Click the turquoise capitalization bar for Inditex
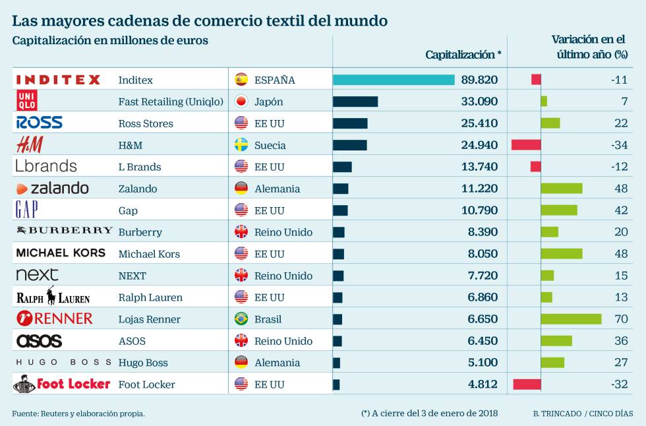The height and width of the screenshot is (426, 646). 394,80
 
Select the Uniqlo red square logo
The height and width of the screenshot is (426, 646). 26,102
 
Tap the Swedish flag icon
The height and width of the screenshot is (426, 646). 241,145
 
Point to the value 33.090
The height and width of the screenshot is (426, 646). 479,102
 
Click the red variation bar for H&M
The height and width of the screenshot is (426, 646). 526,145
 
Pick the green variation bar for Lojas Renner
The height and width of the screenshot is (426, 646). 571,319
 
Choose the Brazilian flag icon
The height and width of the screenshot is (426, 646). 241,319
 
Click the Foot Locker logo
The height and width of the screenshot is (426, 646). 61,384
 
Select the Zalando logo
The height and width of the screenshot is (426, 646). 53,189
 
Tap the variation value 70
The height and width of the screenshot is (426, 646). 621,319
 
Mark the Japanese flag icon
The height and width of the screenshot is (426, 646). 241,102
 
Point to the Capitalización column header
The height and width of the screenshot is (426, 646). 463,55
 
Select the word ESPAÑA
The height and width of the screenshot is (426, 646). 274,80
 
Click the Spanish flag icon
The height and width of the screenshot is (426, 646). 241,80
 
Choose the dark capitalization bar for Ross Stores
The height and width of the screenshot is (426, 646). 350,123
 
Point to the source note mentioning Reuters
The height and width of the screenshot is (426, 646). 78,413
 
